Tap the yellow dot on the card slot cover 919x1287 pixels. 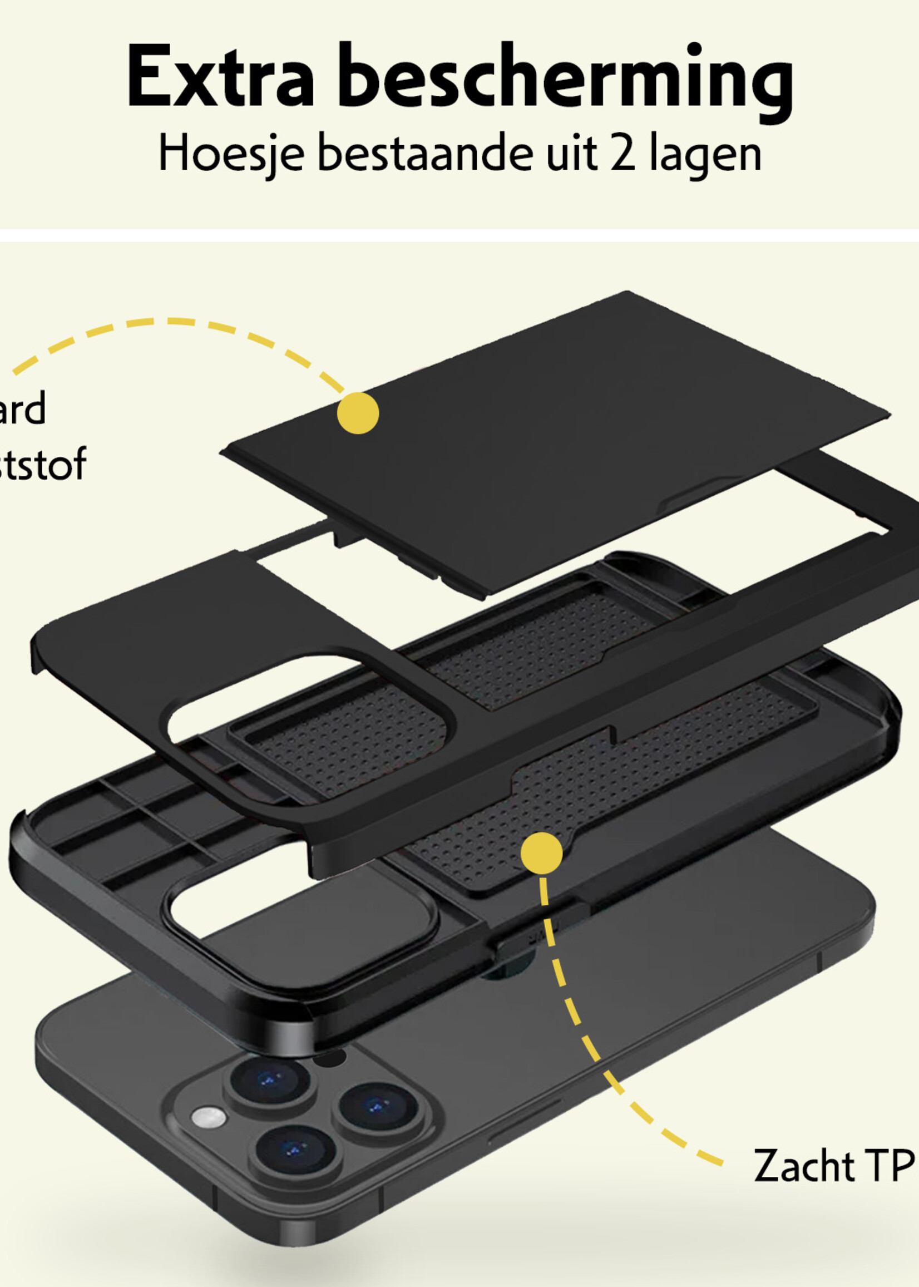tap(358, 413)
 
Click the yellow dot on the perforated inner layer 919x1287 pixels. tap(542, 852)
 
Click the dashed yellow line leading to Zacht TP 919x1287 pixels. tap(594, 1047)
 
